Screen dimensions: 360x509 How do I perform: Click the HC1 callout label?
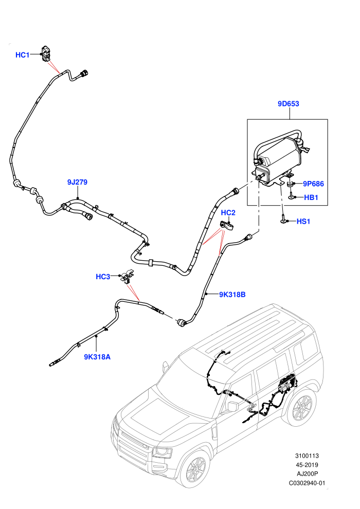(23, 55)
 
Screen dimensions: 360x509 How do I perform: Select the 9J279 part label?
(77, 182)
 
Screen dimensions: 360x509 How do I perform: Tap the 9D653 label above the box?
(289, 104)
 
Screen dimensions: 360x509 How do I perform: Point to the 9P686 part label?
(313, 184)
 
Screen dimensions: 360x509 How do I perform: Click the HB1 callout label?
(311, 197)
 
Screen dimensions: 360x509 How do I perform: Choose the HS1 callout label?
(303, 222)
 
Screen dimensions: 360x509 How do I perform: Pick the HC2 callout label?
(228, 213)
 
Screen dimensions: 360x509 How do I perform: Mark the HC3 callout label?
(103, 277)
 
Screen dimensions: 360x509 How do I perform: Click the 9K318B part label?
(232, 295)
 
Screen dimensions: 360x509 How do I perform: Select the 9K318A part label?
(97, 357)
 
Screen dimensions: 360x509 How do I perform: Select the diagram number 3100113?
(307, 456)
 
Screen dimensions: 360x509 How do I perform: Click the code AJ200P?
(307, 474)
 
